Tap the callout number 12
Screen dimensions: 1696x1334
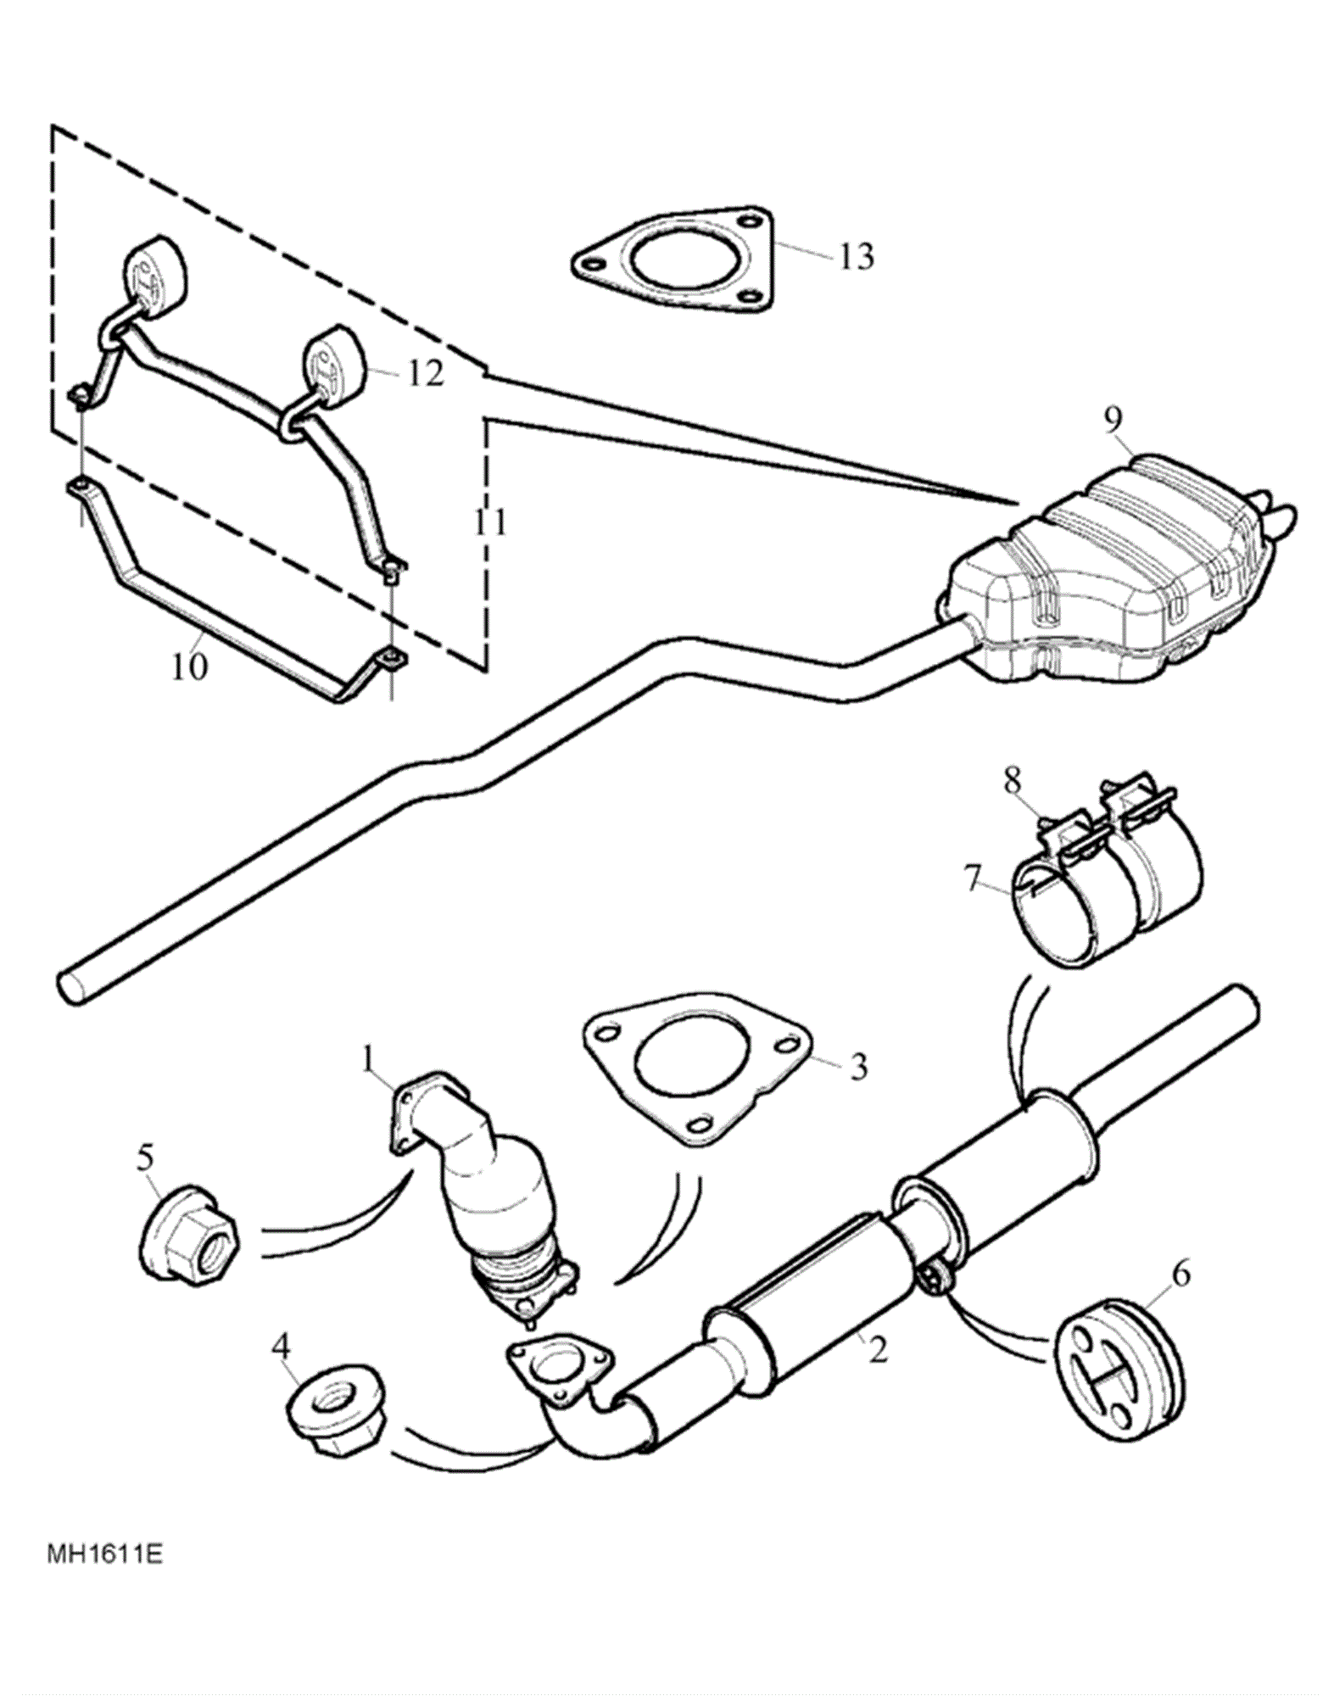425,373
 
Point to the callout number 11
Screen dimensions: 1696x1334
490,522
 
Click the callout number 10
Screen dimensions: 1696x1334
190,667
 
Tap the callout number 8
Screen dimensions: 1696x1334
1013,781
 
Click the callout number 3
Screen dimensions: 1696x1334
858,1067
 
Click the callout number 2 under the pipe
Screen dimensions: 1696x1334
878,1350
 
